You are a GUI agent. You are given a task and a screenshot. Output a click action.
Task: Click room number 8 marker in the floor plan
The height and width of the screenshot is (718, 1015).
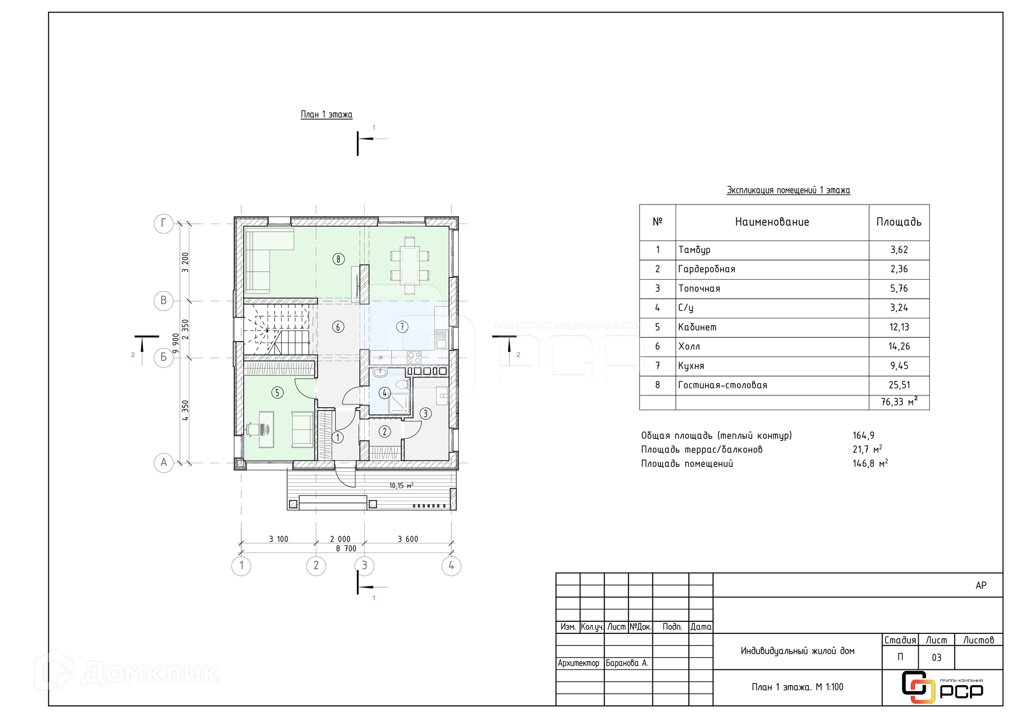[338, 259]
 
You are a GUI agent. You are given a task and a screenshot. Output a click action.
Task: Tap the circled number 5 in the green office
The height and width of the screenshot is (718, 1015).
[277, 392]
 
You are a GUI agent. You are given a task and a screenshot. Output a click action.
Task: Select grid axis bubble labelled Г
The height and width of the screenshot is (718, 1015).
[163, 224]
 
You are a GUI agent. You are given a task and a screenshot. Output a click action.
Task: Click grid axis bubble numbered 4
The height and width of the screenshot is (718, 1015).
[451, 566]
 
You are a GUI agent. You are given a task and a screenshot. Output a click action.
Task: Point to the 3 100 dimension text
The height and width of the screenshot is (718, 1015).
[279, 539]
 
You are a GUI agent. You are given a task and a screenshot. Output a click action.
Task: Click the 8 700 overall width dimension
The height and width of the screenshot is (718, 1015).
[346, 549]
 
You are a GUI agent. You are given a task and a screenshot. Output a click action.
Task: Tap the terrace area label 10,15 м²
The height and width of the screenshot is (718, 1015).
[401, 485]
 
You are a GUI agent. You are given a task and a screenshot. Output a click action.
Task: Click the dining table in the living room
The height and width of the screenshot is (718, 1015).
[410, 265]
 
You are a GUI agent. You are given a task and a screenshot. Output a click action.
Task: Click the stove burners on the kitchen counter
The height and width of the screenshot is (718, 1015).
[414, 357]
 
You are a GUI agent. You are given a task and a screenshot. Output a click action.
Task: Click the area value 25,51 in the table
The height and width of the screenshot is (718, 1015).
[899, 385]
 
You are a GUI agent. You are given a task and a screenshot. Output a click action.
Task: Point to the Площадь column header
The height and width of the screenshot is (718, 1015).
[899, 222]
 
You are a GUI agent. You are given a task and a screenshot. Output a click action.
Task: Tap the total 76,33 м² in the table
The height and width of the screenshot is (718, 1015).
[899, 402]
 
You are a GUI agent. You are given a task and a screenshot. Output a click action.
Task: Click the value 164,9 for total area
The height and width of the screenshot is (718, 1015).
[863, 436]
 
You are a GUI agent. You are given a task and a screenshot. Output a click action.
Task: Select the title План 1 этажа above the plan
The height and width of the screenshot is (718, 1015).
[326, 115]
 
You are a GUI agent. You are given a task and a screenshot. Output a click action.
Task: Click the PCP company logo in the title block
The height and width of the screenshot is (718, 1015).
[942, 687]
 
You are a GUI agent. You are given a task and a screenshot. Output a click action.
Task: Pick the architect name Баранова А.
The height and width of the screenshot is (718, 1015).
[627, 663]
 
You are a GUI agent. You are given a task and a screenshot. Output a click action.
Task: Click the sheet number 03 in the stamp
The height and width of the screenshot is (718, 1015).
[936, 658]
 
